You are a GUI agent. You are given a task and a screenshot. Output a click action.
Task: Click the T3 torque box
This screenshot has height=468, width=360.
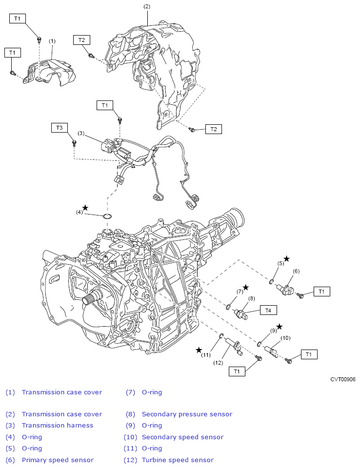tap(59, 128)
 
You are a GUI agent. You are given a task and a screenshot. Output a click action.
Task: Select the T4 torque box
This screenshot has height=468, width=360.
tap(268, 311)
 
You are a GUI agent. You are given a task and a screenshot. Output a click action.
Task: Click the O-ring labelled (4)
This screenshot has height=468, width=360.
tap(107, 216)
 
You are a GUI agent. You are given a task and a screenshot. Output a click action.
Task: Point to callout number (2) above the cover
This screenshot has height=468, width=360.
tap(147, 6)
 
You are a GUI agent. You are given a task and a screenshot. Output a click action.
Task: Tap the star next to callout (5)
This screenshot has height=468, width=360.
tap(286, 259)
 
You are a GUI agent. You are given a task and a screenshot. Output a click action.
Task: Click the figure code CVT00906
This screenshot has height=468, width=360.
tap(342, 379)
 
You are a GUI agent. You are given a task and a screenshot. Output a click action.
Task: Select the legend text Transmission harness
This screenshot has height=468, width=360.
tap(58, 425)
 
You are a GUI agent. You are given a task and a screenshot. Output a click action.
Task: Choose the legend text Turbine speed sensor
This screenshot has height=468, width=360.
tap(178, 460)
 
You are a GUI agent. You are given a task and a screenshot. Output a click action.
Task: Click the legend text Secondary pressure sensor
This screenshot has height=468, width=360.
tap(187, 414)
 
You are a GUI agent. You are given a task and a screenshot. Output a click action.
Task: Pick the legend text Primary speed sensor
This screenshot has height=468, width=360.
tap(58, 460)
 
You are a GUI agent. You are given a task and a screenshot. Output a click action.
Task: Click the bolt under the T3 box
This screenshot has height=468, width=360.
tap(74, 143)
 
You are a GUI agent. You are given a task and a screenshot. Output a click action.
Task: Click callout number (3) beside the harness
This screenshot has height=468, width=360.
tap(81, 133)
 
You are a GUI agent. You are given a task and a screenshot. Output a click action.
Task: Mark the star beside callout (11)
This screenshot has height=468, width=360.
tap(199, 350)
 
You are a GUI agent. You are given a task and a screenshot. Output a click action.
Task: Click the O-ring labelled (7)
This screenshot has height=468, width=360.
tap(229, 306)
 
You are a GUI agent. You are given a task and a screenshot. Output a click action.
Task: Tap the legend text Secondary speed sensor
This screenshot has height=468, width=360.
tap(182, 437)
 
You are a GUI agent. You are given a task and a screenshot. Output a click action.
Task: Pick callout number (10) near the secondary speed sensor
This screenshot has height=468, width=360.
tap(285, 338)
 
